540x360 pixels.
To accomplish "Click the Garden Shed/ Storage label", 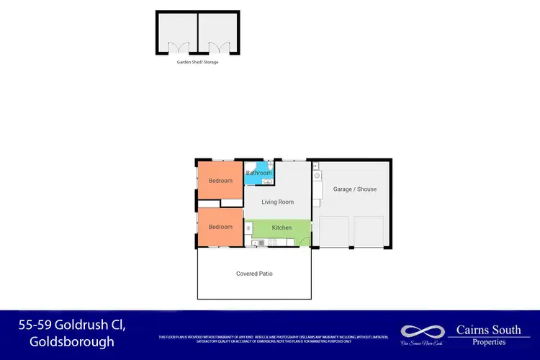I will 197,62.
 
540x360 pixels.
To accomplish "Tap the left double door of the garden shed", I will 177,48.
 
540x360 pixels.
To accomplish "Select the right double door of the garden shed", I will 218,48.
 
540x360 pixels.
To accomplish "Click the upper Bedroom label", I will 220,181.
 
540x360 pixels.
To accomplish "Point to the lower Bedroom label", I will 220,228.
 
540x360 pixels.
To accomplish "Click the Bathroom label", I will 259,173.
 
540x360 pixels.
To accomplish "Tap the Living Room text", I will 277,202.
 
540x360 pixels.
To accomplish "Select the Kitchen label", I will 282,228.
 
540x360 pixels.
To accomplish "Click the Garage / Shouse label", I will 355,189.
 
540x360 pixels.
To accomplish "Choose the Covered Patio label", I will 254,274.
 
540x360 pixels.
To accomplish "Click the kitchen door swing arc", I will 305,240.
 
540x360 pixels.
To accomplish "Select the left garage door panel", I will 333,232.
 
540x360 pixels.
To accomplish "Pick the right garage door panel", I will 369,232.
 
